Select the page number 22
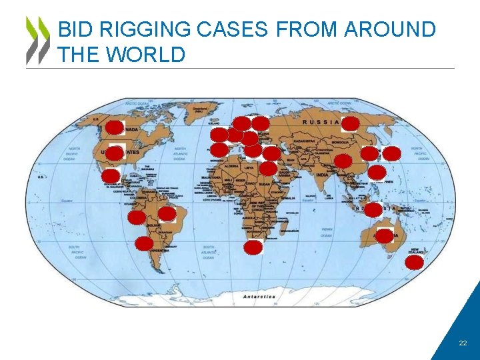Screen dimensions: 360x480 point(463,343)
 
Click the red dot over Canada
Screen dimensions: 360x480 point(115,127)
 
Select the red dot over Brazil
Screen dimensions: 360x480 point(167,214)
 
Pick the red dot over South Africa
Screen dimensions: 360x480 point(253,248)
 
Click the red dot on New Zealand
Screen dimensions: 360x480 point(414,262)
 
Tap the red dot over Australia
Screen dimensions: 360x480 point(385,235)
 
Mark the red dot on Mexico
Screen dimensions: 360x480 point(110,176)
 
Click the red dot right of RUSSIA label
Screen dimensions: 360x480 point(350,123)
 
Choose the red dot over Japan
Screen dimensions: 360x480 point(392,153)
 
